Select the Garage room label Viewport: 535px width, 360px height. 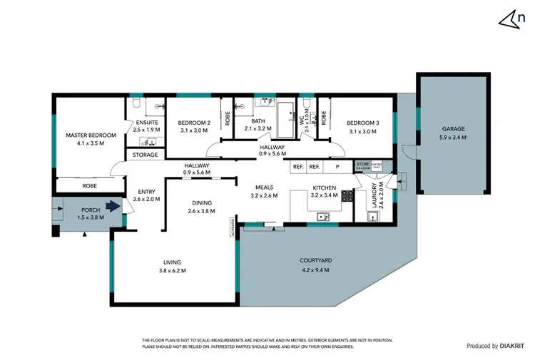(453, 129)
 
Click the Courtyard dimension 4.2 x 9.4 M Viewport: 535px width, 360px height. (317, 269)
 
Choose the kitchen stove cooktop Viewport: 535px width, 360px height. (347, 195)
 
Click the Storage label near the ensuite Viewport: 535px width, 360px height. (145, 155)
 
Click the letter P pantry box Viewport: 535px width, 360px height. (337, 166)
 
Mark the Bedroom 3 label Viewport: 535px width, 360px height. (364, 123)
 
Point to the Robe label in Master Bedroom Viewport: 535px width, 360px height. (89, 185)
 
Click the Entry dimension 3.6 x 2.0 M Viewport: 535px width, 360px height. (147, 199)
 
